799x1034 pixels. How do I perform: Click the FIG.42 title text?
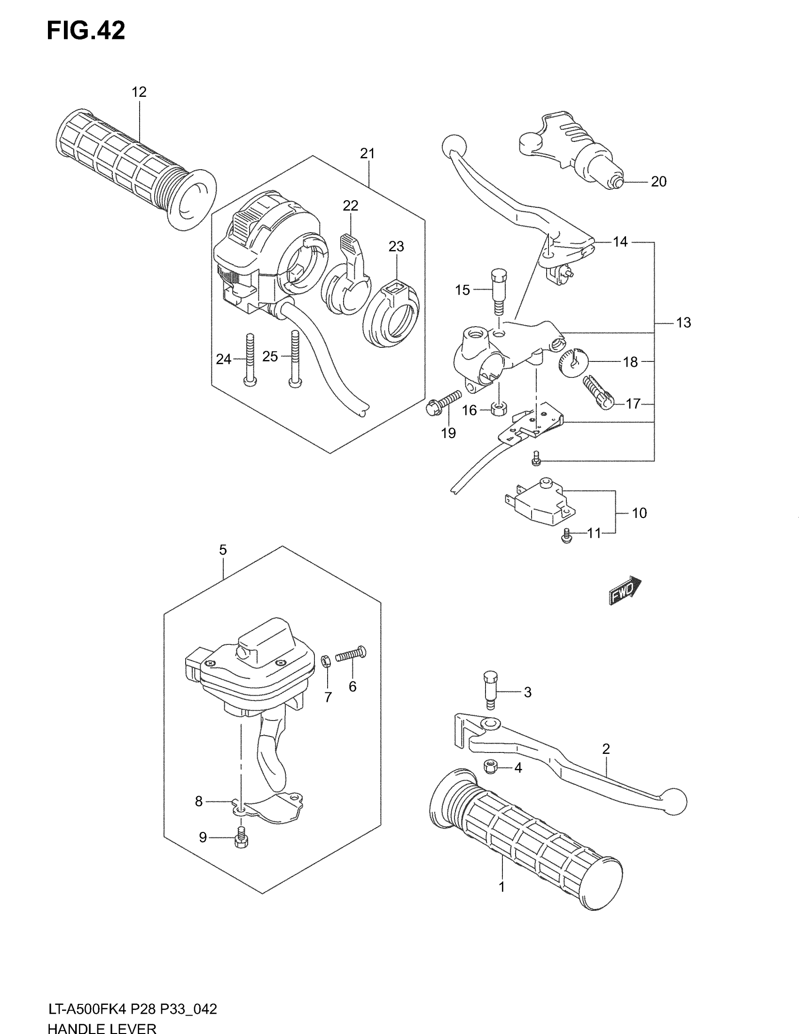86,31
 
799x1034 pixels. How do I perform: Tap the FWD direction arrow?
625,591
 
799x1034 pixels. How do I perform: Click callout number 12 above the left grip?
139,92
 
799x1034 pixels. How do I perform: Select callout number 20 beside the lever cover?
658,181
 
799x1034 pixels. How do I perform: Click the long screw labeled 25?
295,360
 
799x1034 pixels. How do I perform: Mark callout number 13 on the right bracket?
683,322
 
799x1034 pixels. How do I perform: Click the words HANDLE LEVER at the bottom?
102,1028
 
